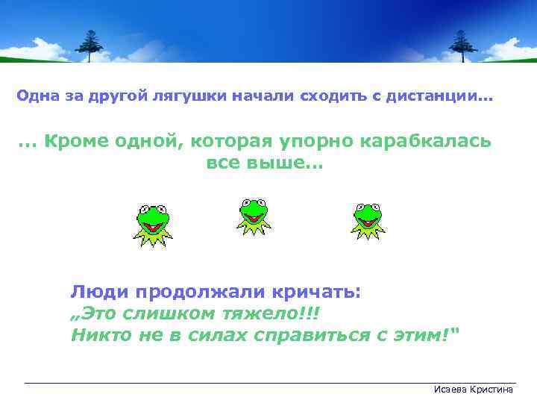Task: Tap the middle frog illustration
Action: point(254,217)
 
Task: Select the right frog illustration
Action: point(368,220)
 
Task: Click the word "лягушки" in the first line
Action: point(190,97)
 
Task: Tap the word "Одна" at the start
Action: point(34,97)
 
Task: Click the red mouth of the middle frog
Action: point(254,219)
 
